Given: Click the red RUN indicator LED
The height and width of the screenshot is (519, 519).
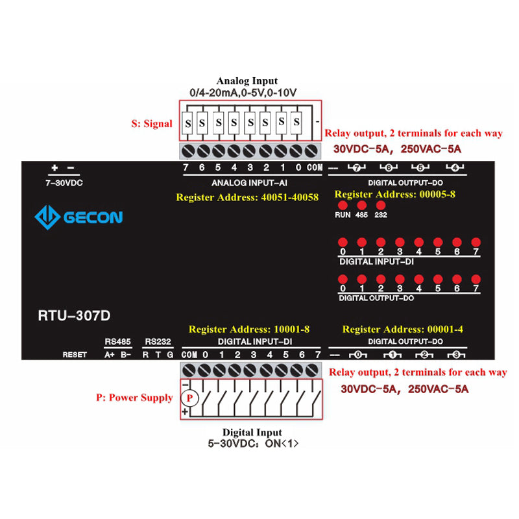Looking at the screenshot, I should click(343, 205).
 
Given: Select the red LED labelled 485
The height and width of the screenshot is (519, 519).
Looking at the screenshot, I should click(361, 205).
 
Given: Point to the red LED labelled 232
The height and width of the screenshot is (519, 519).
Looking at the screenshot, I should click(381, 205).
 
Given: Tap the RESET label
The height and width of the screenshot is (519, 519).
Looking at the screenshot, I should click(75, 355).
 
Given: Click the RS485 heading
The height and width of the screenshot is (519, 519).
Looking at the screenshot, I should click(117, 341).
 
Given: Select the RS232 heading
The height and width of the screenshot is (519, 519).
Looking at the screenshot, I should click(158, 341).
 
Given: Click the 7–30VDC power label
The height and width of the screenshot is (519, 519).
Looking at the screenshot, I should click(64, 183).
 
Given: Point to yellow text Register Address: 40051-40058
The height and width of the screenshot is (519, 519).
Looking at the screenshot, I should click(247, 197).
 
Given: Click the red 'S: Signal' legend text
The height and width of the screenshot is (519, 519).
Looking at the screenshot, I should click(152, 124).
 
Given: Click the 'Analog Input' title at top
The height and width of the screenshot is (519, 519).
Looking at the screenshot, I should click(247, 81).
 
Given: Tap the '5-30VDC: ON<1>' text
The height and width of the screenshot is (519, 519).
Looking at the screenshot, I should click(253, 444).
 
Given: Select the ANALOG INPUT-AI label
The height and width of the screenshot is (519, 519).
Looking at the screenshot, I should click(250, 183).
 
